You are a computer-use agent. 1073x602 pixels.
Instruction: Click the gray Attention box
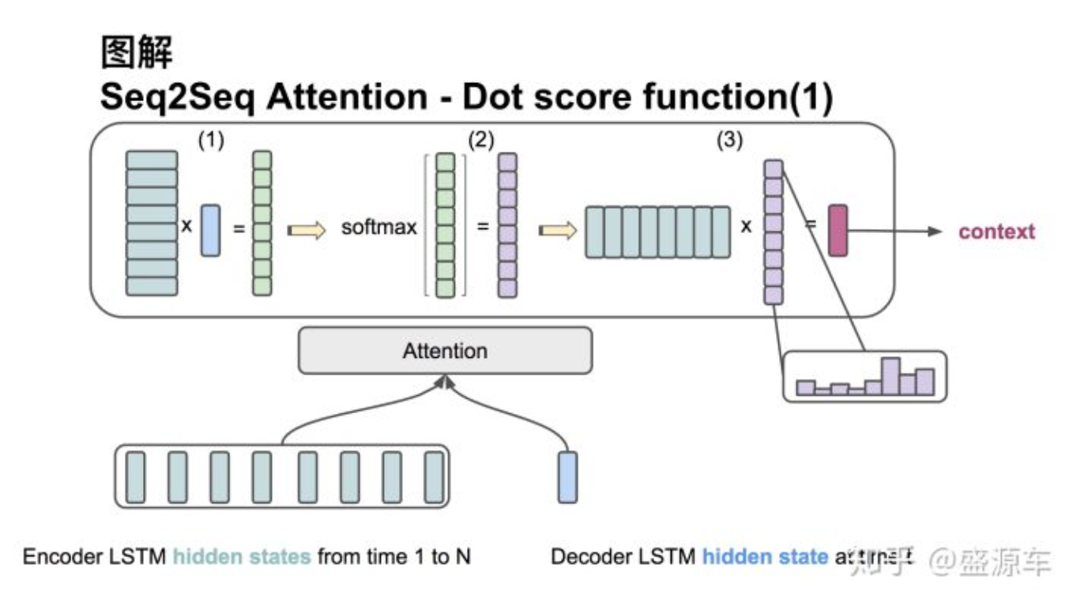pyautogui.click(x=445, y=351)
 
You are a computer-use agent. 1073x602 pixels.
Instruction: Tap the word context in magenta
pyautogui.click(x=996, y=231)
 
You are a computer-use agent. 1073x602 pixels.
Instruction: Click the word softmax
pyautogui.click(x=378, y=229)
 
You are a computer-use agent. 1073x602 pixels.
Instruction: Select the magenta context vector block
pyautogui.click(x=838, y=230)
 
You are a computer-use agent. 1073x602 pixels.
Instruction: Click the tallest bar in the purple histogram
pyautogui.click(x=890, y=376)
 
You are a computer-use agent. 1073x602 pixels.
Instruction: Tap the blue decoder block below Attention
pyautogui.click(x=567, y=476)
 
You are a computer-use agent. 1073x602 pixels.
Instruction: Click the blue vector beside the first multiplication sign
pyautogui.click(x=210, y=230)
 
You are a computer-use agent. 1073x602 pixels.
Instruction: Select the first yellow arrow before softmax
pyautogui.click(x=307, y=231)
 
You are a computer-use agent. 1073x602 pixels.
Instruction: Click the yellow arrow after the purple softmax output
pyautogui.click(x=558, y=231)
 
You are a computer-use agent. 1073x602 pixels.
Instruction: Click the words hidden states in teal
pyautogui.click(x=242, y=557)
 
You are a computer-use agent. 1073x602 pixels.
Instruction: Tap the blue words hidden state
pyautogui.click(x=765, y=557)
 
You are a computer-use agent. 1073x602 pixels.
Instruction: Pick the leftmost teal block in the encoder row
pyautogui.click(x=136, y=476)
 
